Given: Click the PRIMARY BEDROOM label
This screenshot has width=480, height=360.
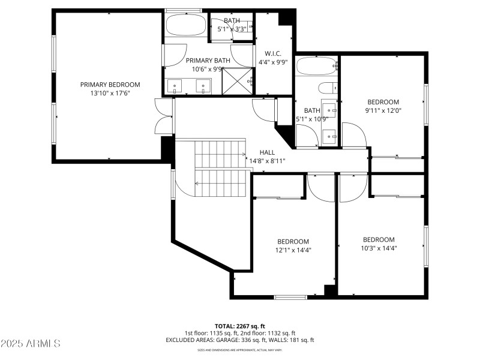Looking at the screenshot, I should pyautogui.click(x=110, y=85).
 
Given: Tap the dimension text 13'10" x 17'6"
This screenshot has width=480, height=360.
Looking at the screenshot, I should pyautogui.click(x=110, y=93).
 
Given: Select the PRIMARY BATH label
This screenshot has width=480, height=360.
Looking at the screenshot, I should pyautogui.click(x=208, y=61).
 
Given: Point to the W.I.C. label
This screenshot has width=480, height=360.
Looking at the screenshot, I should pyautogui.click(x=272, y=53).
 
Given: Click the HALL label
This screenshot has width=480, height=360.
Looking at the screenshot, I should pyautogui.click(x=267, y=152).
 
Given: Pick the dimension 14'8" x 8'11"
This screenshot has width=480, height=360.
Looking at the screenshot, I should pyautogui.click(x=267, y=161).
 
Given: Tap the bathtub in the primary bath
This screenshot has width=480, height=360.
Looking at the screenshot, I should pyautogui.click(x=186, y=26).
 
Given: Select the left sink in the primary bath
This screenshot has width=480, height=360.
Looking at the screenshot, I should pyautogui.click(x=175, y=87).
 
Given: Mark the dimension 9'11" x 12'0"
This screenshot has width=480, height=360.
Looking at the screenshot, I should pyautogui.click(x=383, y=110).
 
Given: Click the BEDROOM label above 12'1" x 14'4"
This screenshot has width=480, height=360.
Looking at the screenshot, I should pyautogui.click(x=293, y=241).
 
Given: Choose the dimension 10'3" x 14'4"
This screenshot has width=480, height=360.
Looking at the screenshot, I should pyautogui.click(x=379, y=247).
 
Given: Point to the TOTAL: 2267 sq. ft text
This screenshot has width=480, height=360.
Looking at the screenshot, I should pyautogui.click(x=239, y=326).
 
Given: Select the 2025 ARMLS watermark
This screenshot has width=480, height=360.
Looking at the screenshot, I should pyautogui.click(x=31, y=344).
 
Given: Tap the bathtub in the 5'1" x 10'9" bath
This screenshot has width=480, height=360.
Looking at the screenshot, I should pyautogui.click(x=316, y=66).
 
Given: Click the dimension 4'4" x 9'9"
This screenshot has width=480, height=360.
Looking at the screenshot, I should pyautogui.click(x=272, y=61).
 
